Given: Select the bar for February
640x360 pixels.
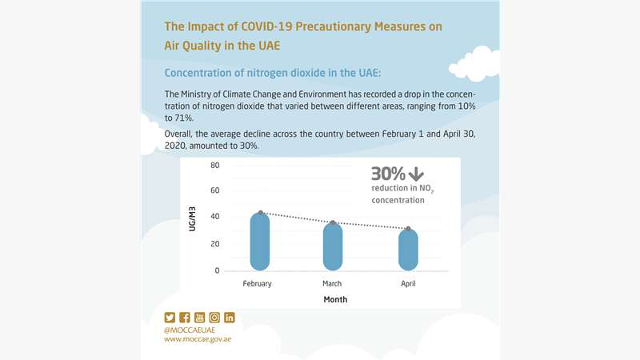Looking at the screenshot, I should (260, 242).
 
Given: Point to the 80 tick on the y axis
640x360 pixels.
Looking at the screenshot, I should (214, 166).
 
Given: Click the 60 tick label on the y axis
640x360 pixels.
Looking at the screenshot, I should (214, 191).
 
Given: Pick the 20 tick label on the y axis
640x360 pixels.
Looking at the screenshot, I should (214, 244).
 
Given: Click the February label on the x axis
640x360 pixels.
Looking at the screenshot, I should (258, 284).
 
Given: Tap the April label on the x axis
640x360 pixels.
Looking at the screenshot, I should (408, 284).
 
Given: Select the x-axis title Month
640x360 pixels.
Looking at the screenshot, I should (335, 300).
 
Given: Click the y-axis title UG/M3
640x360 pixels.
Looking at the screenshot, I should (192, 218).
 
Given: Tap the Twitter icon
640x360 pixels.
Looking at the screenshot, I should (170, 318).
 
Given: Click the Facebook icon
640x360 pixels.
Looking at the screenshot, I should (185, 318).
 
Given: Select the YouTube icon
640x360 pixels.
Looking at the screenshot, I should (200, 318).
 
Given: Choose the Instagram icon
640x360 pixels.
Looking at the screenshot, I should (214, 318).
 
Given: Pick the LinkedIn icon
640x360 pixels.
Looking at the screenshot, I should (230, 318).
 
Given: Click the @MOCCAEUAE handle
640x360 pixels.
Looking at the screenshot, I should (191, 329).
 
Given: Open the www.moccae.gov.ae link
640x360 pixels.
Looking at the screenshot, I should (198, 339).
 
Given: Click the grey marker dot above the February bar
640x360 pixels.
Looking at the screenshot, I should (261, 214).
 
